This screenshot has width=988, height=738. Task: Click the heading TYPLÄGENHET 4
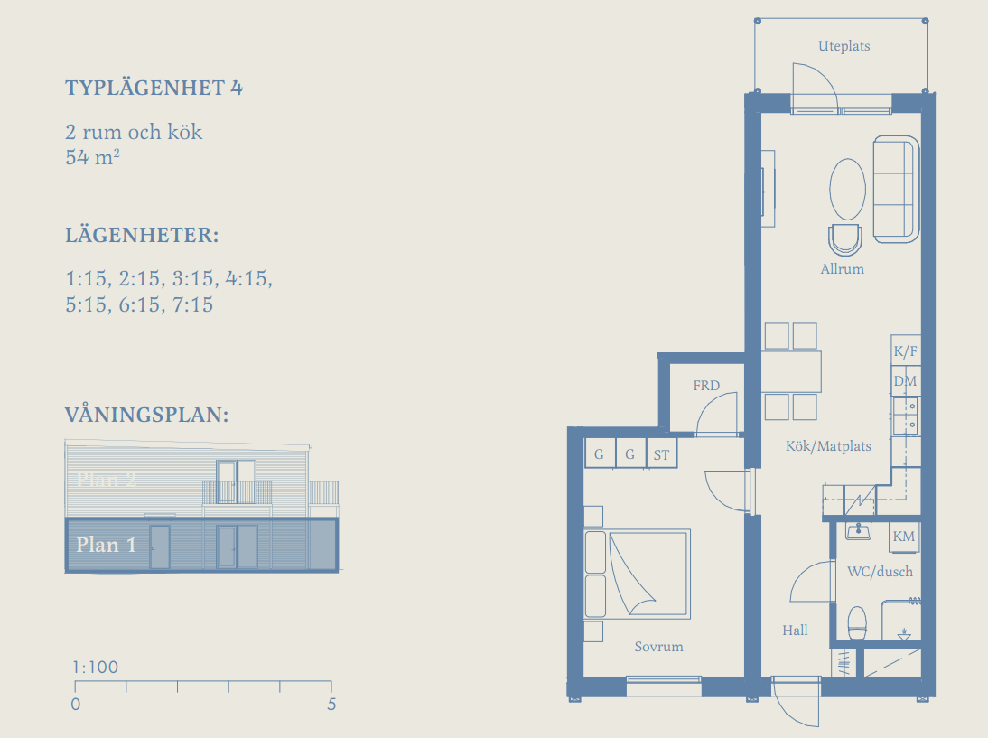click(154, 88)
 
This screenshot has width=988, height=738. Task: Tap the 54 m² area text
click(92, 157)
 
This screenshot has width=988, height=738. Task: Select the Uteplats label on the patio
click(844, 46)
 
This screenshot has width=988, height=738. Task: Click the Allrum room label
click(842, 269)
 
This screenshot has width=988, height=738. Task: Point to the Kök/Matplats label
click(828, 446)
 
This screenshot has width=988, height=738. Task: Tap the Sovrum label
click(658, 647)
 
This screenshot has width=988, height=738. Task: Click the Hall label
click(795, 631)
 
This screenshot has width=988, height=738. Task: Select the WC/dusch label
click(880, 572)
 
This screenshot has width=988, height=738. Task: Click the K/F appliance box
click(906, 350)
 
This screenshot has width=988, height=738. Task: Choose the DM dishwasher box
click(906, 380)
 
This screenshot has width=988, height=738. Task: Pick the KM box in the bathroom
click(904, 537)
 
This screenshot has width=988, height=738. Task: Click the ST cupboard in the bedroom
click(662, 453)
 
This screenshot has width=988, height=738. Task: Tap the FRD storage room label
click(706, 386)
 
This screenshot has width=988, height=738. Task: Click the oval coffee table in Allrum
click(847, 189)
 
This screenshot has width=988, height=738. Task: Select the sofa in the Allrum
click(896, 189)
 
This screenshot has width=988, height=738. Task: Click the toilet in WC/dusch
click(857, 623)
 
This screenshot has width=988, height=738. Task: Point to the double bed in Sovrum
click(637, 575)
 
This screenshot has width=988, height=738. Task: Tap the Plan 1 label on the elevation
click(106, 545)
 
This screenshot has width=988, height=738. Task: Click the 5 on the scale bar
click(331, 704)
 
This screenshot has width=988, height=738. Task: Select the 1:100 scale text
click(95, 667)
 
